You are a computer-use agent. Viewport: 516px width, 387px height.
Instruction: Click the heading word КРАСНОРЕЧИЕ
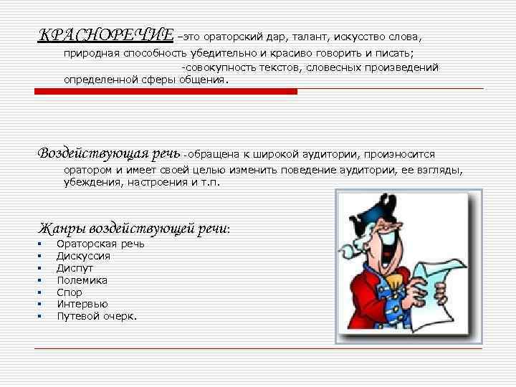click(x=105, y=35)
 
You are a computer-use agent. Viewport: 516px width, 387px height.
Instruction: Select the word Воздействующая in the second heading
click(x=92, y=153)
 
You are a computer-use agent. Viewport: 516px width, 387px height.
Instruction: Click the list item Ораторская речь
click(x=100, y=244)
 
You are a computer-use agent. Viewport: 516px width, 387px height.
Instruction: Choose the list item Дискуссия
click(x=83, y=256)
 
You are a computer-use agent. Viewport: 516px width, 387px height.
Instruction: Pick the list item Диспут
click(x=75, y=268)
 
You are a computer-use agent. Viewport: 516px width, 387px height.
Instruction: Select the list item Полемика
click(x=82, y=280)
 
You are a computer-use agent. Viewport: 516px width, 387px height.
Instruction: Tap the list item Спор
click(x=70, y=292)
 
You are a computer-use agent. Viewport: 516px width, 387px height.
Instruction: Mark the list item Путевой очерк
click(x=97, y=316)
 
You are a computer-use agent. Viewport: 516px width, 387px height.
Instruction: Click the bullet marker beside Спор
click(x=41, y=292)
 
